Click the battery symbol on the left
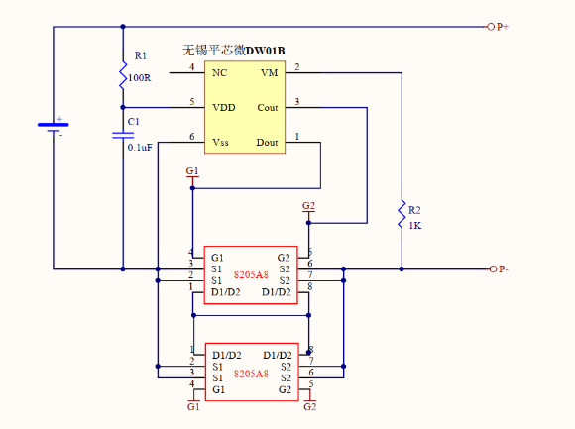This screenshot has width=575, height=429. click(54, 126)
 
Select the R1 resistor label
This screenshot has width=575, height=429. click(140, 55)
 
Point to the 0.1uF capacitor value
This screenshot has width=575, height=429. click(140, 146)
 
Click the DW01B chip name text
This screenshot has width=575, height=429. click(265, 50)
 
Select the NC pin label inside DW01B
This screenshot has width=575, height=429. click(219, 72)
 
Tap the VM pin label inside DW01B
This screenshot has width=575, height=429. click(269, 72)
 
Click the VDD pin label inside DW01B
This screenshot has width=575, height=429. click(223, 107)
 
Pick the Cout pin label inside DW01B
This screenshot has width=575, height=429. click(267, 107)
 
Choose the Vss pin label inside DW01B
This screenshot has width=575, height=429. click(220, 143)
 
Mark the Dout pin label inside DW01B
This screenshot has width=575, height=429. click(267, 143)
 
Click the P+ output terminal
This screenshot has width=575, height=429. click(498, 27)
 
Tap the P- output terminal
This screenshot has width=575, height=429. click(498, 268)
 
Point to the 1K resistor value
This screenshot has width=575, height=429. click(414, 226)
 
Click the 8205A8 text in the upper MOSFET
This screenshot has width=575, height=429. click(251, 273)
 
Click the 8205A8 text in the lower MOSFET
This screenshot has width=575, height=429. click(251, 374)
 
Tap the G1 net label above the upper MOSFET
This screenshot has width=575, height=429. click(192, 171)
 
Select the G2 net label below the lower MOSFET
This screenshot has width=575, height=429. click(309, 406)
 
